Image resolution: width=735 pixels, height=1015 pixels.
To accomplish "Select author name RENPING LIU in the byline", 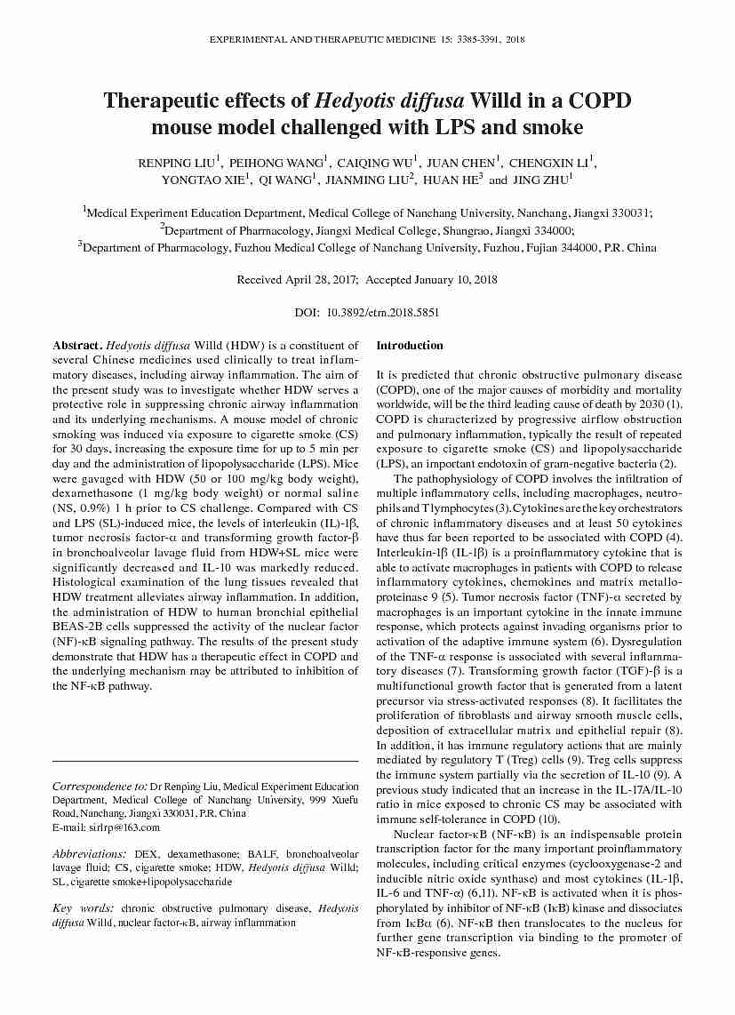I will (177, 164).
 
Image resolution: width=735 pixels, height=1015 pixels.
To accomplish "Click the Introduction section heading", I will (410, 346).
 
